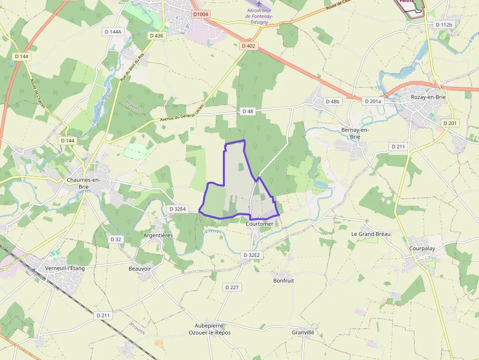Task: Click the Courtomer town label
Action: (x=260, y=224)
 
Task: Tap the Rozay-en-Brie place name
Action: (x=428, y=97)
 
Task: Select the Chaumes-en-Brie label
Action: (x=84, y=183)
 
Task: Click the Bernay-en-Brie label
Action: (x=355, y=133)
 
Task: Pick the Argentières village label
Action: (x=158, y=235)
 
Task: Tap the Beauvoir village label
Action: (x=140, y=269)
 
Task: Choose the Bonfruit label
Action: (x=283, y=281)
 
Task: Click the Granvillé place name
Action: (x=303, y=332)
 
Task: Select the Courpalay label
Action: (x=422, y=248)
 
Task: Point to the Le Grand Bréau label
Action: (x=371, y=234)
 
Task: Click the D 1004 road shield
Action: (x=200, y=15)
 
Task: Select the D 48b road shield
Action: (x=332, y=102)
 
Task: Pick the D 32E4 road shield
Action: (x=177, y=209)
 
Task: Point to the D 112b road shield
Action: (x=444, y=24)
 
